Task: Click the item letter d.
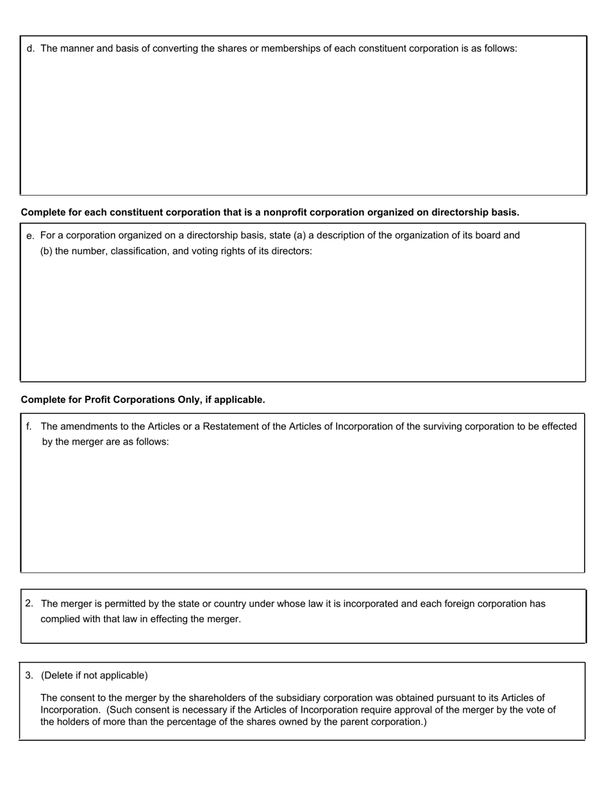point(30,49)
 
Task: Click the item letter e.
point(30,237)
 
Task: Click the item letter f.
point(29,427)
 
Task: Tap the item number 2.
point(29,604)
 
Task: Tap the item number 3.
point(29,675)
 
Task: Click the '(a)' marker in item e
point(299,235)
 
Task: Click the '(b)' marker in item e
point(46,251)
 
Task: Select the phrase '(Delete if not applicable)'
point(94,675)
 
